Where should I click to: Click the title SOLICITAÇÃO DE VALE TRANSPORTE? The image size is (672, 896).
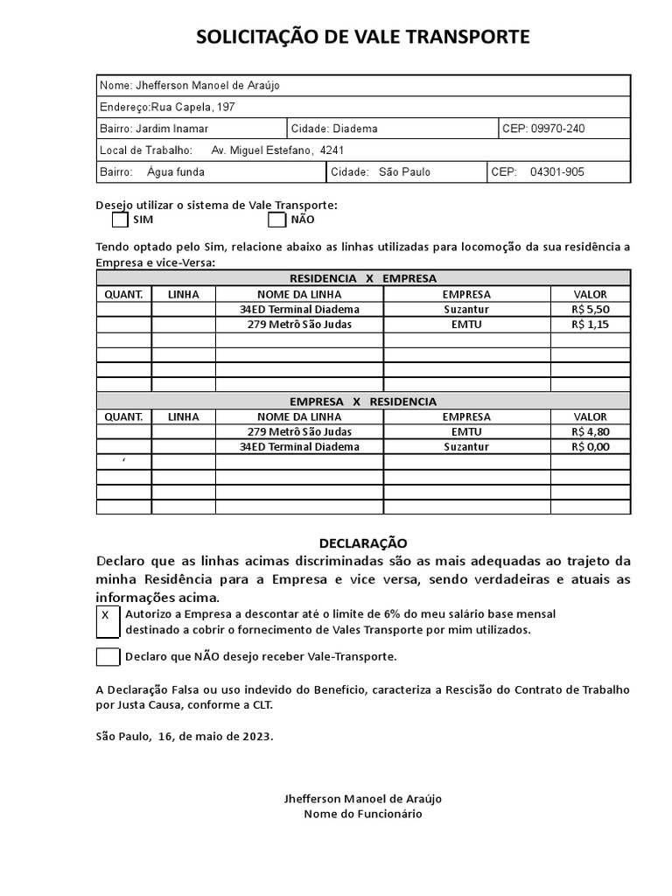(362, 37)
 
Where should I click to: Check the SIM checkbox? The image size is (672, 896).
(121, 220)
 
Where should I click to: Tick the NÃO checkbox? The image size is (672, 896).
(276, 220)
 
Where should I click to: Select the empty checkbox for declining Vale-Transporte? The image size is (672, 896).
(108, 656)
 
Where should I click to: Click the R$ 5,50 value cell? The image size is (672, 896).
(590, 309)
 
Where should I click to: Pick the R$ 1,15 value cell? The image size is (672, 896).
(590, 324)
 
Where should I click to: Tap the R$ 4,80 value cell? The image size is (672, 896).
(590, 431)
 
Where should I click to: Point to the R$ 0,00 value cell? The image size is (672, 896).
(590, 446)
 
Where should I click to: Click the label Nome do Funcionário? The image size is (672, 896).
(362, 814)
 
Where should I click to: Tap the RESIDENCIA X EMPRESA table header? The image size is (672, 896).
(362, 278)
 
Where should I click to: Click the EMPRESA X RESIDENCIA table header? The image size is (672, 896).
(362, 402)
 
